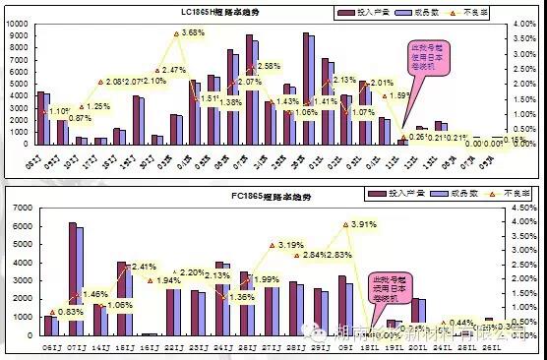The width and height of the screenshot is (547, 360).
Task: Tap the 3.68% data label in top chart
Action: pos(193,33)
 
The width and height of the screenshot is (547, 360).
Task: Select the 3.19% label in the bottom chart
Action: pos(291,244)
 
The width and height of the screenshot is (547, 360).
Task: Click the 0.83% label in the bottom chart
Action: pos(70,312)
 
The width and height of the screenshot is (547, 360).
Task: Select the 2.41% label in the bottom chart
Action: pos(145,267)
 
